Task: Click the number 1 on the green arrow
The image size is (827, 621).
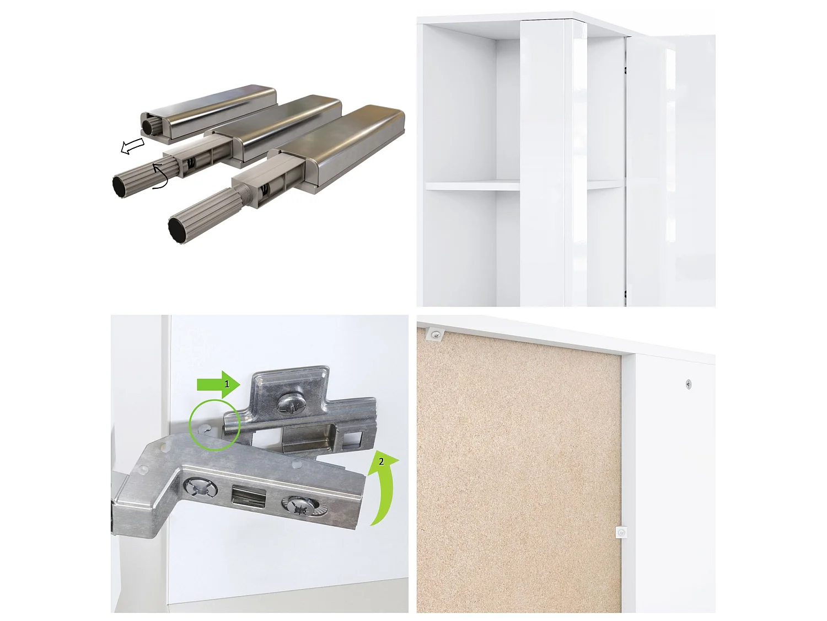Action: pos(226,384)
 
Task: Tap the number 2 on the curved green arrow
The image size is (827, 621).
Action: pos(381,461)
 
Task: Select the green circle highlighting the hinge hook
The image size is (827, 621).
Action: pos(214,426)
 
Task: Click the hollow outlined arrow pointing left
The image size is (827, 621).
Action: pos(132,146)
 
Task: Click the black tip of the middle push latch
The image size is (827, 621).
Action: pos(120,186)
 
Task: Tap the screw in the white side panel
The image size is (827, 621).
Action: pos(689,384)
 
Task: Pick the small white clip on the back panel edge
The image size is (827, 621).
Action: pos(621,533)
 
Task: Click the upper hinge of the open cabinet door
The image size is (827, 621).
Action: pos(626,71)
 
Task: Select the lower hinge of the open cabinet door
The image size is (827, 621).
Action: pos(626,293)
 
